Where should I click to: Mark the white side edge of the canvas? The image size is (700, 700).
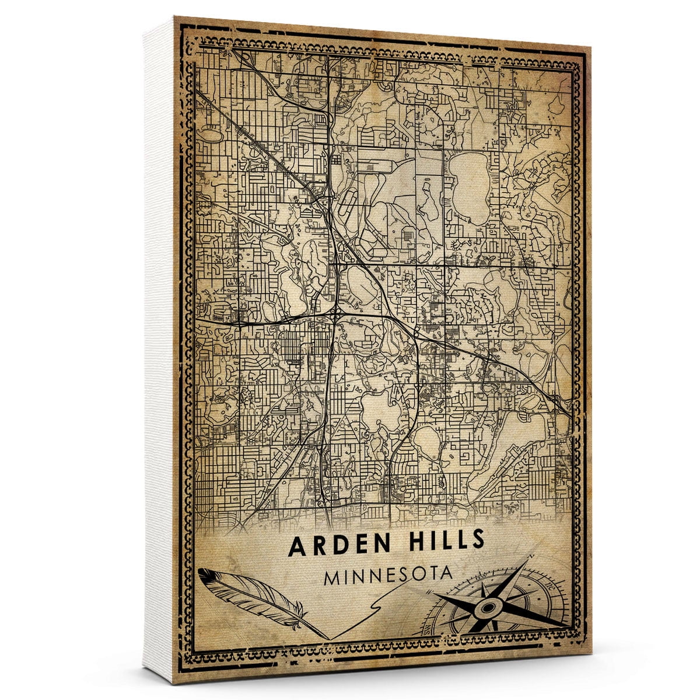coord(159,350)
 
